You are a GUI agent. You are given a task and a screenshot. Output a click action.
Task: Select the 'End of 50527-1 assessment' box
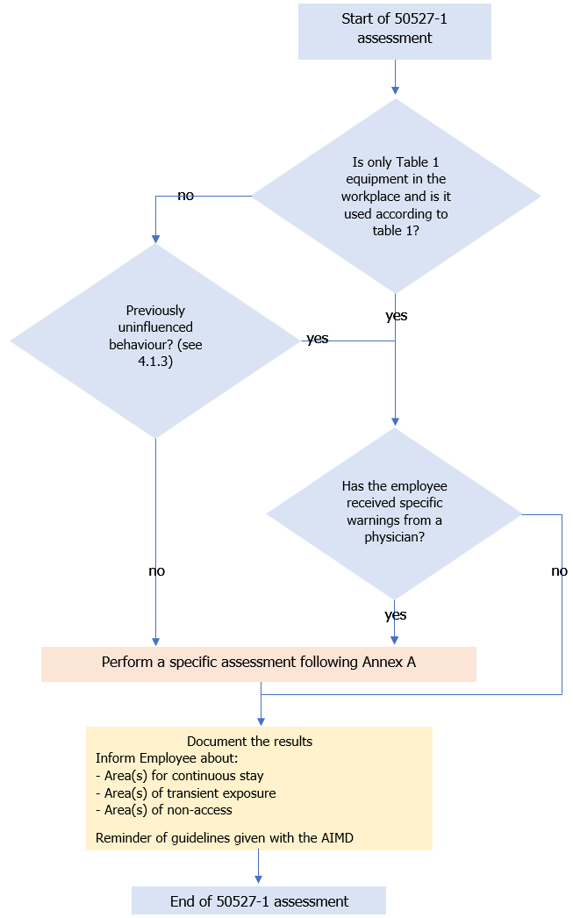click(259, 901)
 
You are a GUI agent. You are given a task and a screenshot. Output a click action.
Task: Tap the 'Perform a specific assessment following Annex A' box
click(259, 663)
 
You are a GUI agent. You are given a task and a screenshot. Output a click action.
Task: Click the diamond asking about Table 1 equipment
click(396, 196)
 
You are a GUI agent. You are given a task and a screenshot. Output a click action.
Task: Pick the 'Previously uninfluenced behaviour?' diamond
click(155, 340)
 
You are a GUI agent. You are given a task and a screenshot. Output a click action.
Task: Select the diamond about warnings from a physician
click(394, 513)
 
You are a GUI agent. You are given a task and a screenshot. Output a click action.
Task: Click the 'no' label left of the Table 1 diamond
click(185, 196)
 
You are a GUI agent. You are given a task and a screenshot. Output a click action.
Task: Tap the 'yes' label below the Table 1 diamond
click(396, 315)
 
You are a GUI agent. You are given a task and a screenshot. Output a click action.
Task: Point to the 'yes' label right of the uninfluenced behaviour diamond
click(317, 339)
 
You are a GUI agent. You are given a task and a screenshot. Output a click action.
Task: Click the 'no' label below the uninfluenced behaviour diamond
click(156, 571)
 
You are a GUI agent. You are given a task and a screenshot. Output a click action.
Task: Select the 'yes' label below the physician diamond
click(395, 615)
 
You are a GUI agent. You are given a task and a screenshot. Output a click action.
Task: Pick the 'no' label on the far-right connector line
click(559, 571)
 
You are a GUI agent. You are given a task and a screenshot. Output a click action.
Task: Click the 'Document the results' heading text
click(249, 742)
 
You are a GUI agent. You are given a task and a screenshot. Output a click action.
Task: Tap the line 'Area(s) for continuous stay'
click(179, 776)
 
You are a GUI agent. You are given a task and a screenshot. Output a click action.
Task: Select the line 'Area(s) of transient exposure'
click(185, 793)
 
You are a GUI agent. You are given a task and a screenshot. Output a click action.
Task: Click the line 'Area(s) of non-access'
click(164, 811)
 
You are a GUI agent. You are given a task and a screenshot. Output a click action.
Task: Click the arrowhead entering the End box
click(259, 880)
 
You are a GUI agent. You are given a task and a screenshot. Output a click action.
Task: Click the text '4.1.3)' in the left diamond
click(155, 361)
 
